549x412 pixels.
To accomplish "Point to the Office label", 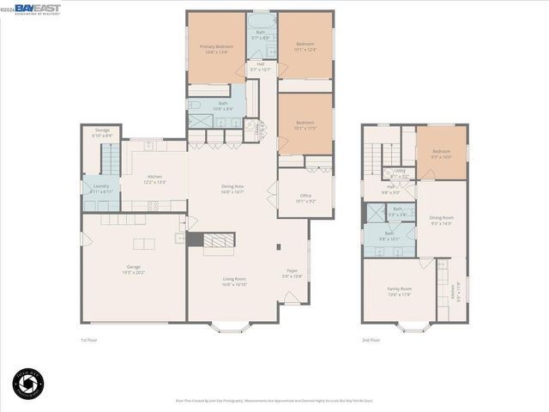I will tap(305, 198).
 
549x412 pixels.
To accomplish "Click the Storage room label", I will tap(102, 134).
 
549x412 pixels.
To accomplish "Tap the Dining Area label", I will tap(233, 191).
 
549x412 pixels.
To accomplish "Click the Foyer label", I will tap(292, 276).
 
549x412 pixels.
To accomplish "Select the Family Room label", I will tap(399, 292).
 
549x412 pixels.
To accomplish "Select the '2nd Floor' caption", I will tap(371, 341).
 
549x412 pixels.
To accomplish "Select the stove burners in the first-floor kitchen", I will tap(154, 205).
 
